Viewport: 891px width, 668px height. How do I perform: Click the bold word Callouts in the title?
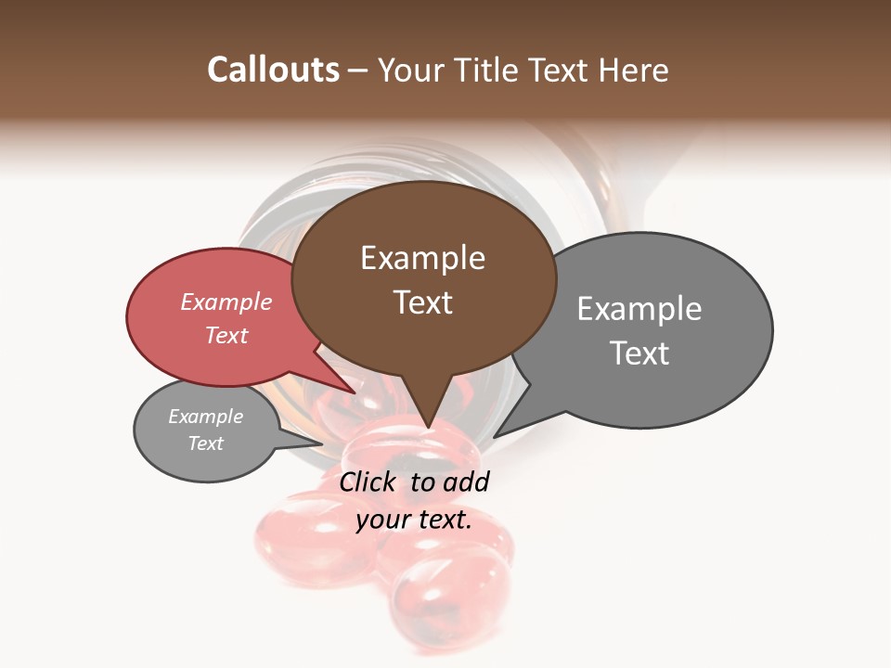pyautogui.click(x=273, y=70)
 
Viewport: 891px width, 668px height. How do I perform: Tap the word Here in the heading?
pyautogui.click(x=632, y=70)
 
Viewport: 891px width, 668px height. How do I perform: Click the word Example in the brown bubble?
pyautogui.click(x=422, y=258)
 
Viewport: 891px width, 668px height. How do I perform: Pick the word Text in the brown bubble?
pyautogui.click(x=422, y=302)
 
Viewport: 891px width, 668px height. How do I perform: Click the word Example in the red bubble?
pyautogui.click(x=226, y=302)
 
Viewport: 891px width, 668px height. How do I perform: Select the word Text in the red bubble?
pyautogui.click(x=226, y=335)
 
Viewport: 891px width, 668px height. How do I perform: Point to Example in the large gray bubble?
pyautogui.click(x=639, y=309)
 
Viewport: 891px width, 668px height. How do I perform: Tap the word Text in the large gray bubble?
pyautogui.click(x=639, y=353)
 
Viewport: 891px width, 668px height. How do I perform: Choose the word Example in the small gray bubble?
pyautogui.click(x=205, y=417)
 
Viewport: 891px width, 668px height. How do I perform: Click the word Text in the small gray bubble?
pyautogui.click(x=205, y=443)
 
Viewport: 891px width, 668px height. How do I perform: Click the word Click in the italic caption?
pyautogui.click(x=367, y=482)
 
